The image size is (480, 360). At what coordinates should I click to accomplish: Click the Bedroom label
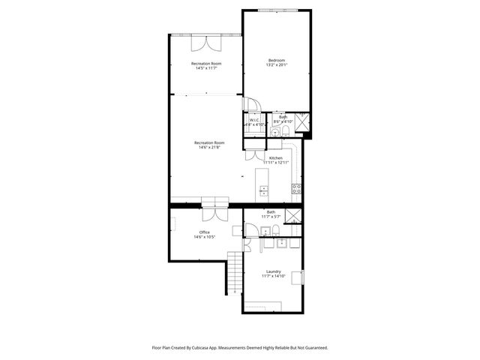[x=277, y=60]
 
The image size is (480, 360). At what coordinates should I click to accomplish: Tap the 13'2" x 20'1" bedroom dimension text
[x=277, y=65]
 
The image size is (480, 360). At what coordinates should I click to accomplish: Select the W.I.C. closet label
[x=254, y=119]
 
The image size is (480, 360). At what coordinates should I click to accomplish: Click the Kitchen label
[x=276, y=157]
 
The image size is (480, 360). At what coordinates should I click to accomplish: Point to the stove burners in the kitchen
[x=297, y=188]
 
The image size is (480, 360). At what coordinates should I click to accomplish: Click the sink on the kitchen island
[x=263, y=192]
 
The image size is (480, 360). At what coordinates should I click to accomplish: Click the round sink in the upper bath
[x=284, y=133]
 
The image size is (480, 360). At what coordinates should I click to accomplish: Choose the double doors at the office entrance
[x=213, y=212]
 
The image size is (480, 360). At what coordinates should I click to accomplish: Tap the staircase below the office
[x=235, y=274]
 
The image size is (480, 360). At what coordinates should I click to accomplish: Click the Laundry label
[x=273, y=271]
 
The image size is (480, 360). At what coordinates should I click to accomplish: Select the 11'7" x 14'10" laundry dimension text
[x=273, y=277]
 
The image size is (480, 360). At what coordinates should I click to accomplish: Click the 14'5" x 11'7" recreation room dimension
[x=206, y=68]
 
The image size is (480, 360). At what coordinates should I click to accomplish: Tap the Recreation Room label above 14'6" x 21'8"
[x=209, y=142]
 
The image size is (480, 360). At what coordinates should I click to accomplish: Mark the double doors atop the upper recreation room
[x=205, y=40]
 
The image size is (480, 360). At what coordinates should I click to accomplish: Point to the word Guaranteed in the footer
[x=312, y=348]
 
